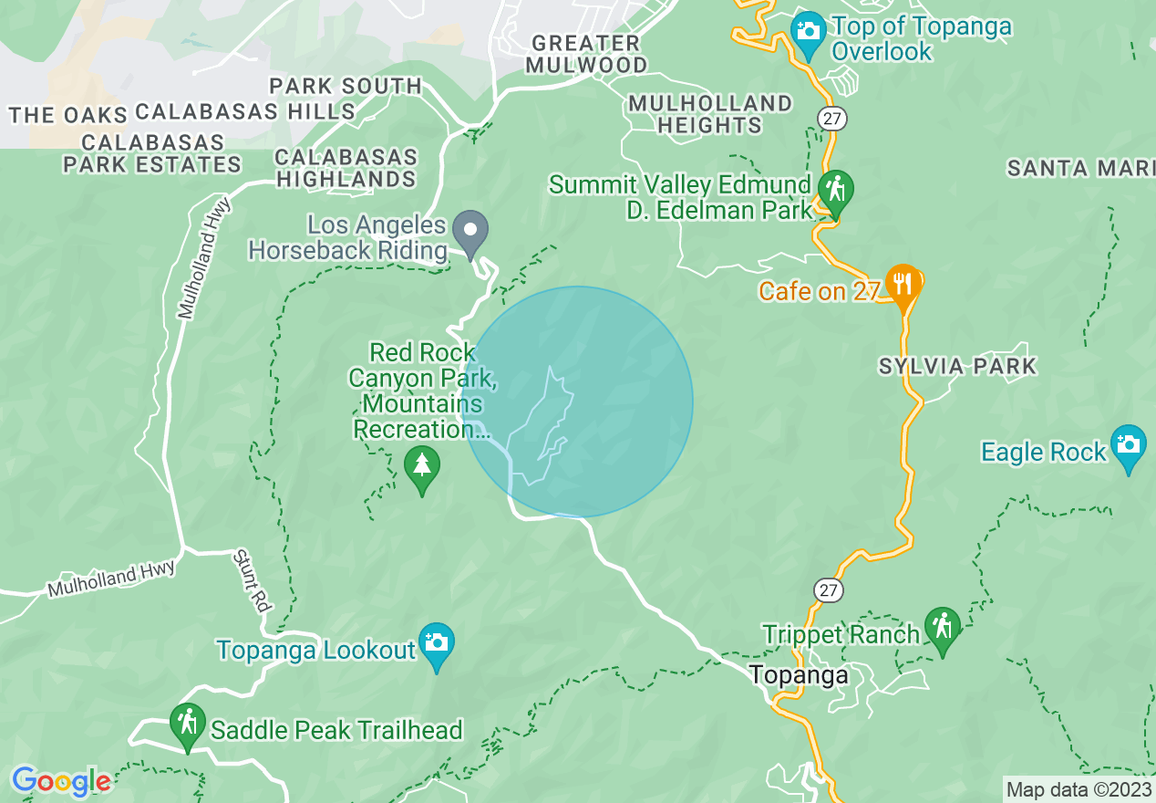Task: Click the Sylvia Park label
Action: (x=957, y=367)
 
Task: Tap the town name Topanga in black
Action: (x=799, y=675)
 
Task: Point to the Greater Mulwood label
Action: (x=588, y=54)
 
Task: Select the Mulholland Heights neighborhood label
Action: (x=710, y=114)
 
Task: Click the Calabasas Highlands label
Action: (x=346, y=168)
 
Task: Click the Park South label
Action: (x=346, y=87)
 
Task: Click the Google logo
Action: (x=60, y=781)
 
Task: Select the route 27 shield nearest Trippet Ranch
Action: (x=828, y=589)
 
